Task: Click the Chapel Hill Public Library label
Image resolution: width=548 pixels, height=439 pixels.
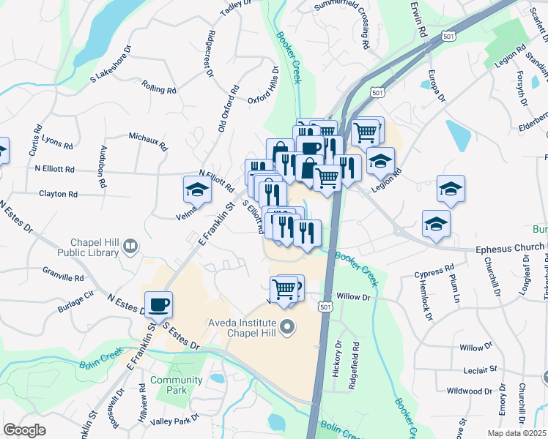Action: coord(95,248)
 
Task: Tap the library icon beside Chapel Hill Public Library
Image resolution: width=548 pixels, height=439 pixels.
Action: coord(131,247)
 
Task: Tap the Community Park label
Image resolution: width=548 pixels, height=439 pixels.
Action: coord(176,385)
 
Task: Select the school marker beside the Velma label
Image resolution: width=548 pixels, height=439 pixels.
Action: coord(196,190)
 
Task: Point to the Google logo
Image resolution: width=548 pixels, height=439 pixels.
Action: coord(25,429)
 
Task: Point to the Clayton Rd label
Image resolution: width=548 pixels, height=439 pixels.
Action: coord(58,195)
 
